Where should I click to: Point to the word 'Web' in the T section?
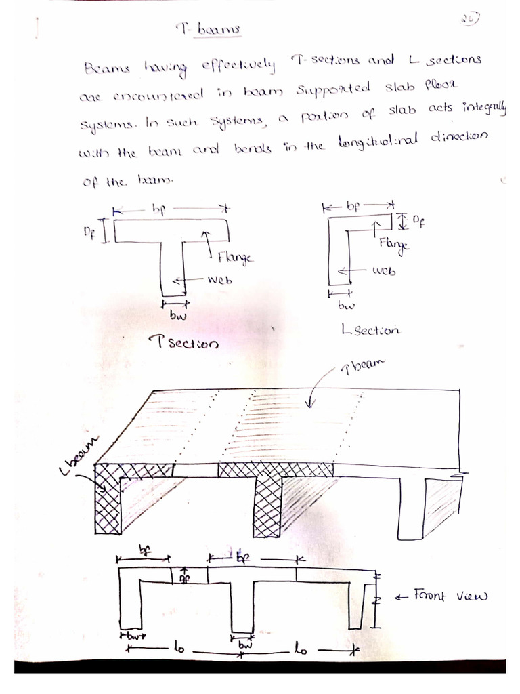[221, 279]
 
